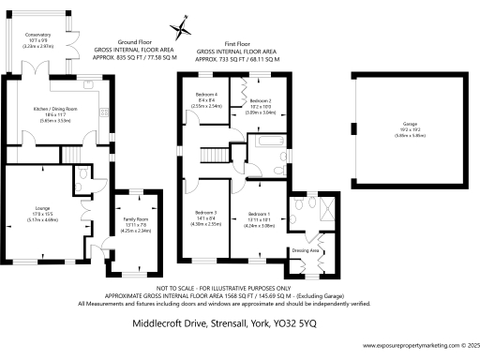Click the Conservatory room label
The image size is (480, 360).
38,34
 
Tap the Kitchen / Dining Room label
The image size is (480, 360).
59,111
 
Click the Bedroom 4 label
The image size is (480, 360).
206,96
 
